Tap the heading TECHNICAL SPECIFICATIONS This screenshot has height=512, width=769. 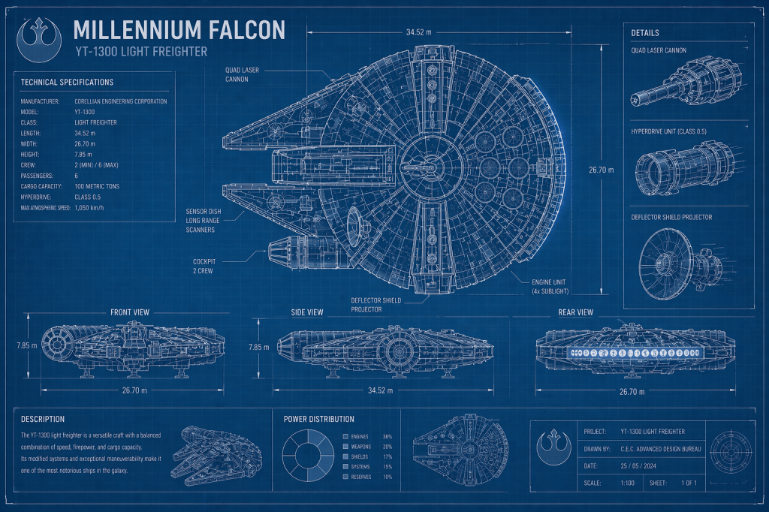point(68,82)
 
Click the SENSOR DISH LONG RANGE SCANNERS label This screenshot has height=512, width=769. point(201,220)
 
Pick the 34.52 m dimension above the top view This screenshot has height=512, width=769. point(421,32)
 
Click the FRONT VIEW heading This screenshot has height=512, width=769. point(130,312)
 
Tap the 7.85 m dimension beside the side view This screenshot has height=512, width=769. point(258,347)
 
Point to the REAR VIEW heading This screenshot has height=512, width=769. point(575,312)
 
